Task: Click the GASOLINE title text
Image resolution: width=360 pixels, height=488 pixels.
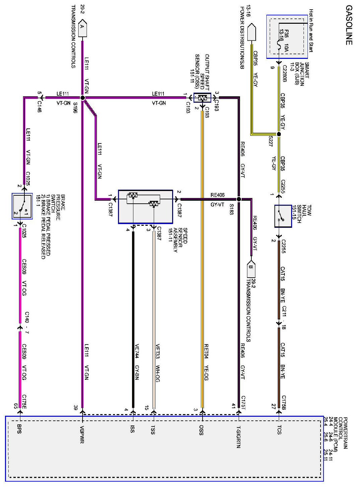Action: click(x=349, y=25)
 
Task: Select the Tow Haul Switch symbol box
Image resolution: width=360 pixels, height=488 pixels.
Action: click(x=283, y=216)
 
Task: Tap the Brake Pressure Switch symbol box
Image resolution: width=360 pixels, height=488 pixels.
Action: click(x=22, y=206)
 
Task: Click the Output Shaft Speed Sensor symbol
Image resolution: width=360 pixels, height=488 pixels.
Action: click(x=202, y=98)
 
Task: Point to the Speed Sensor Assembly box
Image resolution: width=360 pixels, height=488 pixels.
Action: click(x=145, y=207)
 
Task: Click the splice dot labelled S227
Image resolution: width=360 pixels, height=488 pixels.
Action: click(x=279, y=134)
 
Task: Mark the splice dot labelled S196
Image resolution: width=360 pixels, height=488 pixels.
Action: click(x=83, y=98)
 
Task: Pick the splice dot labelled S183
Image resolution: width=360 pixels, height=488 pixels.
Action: click(x=239, y=199)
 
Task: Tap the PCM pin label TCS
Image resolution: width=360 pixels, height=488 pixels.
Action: click(x=279, y=430)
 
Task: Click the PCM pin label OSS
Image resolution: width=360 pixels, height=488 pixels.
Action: click(x=201, y=430)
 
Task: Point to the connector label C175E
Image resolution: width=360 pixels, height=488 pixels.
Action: click(x=24, y=401)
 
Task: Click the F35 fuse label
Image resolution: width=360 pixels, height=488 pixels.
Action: click(x=286, y=34)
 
